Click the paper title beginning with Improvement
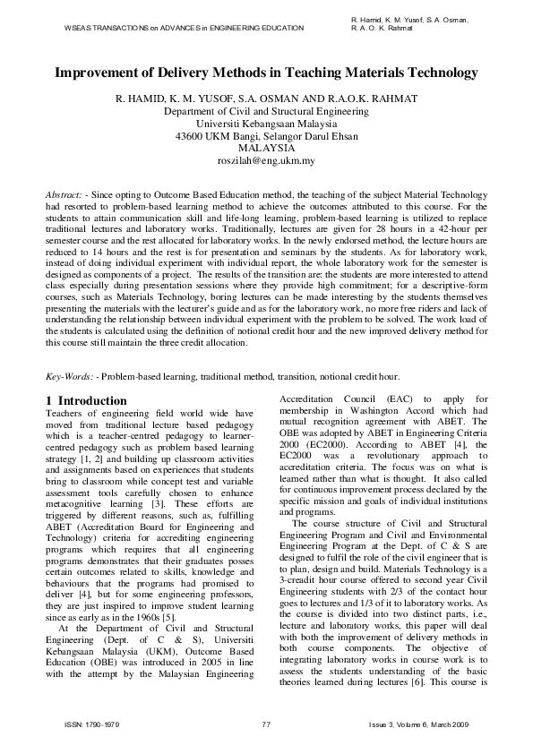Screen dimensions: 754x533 tap(266, 73)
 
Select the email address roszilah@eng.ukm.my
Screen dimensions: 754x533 tap(266, 161)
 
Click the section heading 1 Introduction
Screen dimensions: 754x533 tap(86, 400)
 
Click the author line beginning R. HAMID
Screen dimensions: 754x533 tap(266, 99)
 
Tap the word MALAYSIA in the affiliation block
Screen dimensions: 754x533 tap(266, 149)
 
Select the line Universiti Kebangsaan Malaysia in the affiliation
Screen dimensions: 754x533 tap(266, 124)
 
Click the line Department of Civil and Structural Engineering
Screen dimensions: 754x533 tap(266, 111)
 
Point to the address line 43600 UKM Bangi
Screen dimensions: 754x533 tap(266, 136)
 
